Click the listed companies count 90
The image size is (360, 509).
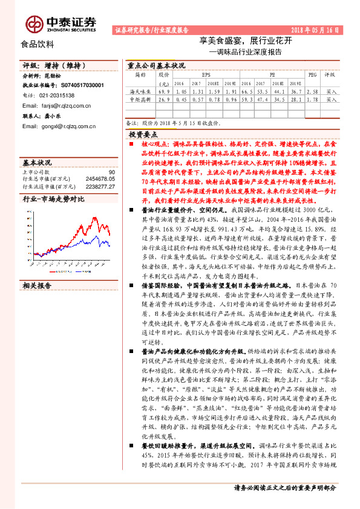(x=111, y=173)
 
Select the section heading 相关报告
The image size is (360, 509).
(x=38, y=285)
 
